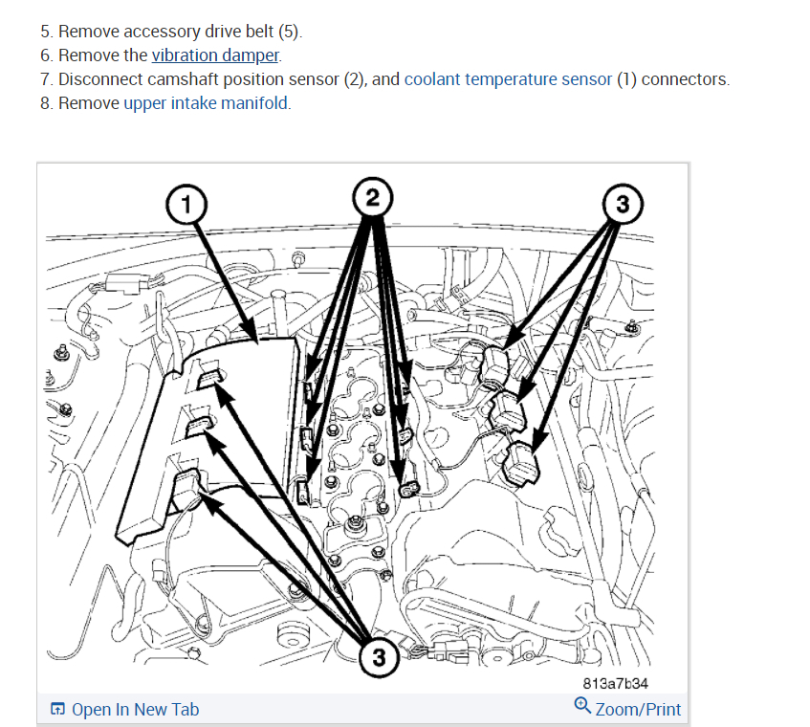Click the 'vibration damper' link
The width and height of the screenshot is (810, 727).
point(215,55)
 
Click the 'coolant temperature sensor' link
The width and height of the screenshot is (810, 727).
point(508,79)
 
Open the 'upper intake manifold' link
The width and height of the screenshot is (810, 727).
point(206,103)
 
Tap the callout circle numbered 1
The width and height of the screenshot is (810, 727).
point(187,203)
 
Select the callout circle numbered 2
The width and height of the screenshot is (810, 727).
point(371,198)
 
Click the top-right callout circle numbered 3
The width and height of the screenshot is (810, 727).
point(623,204)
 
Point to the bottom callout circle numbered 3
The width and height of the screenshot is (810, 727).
point(379,657)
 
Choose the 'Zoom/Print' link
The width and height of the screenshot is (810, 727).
point(638,709)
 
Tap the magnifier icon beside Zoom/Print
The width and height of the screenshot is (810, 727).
point(581,706)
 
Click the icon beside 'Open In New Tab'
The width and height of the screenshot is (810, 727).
point(57,709)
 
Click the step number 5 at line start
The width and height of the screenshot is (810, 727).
point(45,33)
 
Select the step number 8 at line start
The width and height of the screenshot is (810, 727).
point(45,103)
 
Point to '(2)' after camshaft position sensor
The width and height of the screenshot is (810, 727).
point(355,79)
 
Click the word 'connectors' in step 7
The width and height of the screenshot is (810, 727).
point(683,79)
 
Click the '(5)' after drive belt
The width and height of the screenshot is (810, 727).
point(289,33)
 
